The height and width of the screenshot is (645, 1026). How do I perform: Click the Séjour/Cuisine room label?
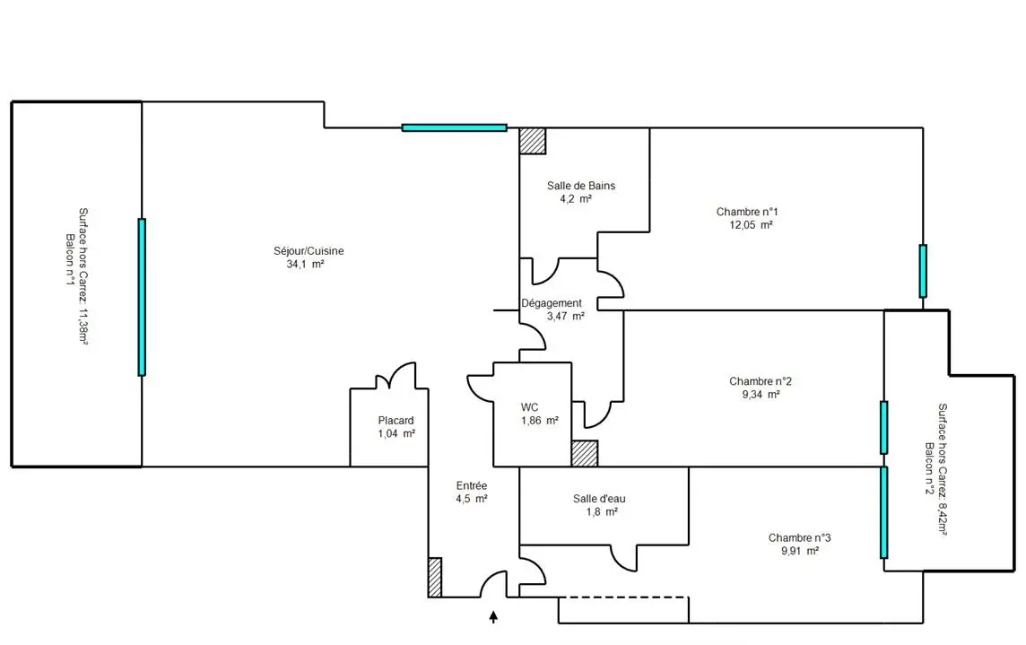click(x=309, y=251)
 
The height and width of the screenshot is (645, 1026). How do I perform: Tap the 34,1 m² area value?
click(x=305, y=264)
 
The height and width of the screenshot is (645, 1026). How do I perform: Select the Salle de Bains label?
click(x=581, y=186)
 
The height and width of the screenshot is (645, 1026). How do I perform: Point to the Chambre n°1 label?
click(x=746, y=212)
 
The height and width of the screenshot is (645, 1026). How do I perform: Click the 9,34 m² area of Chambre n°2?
click(x=761, y=394)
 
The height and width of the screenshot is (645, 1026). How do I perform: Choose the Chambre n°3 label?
click(x=799, y=537)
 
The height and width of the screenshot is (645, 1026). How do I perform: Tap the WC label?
click(x=529, y=407)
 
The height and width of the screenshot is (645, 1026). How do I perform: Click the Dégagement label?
click(x=551, y=303)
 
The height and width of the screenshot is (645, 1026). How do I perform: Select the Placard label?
click(x=396, y=421)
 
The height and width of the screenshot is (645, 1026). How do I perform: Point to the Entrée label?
click(x=471, y=486)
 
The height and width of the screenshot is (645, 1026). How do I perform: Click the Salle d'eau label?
click(x=599, y=498)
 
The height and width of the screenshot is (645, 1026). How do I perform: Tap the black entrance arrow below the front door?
click(x=493, y=617)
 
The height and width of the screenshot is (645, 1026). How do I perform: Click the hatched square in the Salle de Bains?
click(x=533, y=141)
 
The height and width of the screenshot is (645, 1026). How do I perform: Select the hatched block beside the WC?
click(x=585, y=453)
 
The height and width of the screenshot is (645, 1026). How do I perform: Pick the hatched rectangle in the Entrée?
click(x=434, y=577)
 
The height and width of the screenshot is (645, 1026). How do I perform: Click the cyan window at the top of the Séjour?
click(x=454, y=127)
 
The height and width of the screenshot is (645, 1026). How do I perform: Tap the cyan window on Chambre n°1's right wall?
click(x=923, y=271)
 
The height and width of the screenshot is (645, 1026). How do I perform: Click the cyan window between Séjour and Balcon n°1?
click(x=142, y=297)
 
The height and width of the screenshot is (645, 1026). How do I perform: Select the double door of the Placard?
click(x=396, y=376)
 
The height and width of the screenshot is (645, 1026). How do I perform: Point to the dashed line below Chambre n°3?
click(x=623, y=597)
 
